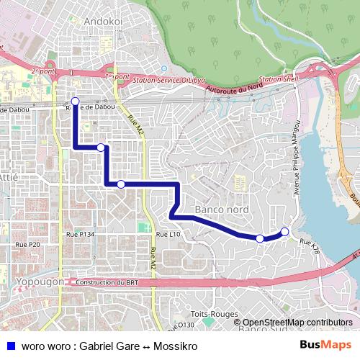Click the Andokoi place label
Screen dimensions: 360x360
(104, 22)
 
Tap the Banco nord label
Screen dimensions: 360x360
(222, 210)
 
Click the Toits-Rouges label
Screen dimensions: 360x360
(213, 314)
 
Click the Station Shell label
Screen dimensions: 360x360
(277, 78)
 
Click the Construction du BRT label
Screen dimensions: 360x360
(107, 282)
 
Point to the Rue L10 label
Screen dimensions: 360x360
(168, 235)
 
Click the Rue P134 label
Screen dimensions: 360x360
(80, 235)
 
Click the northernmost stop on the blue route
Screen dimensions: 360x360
(75, 101)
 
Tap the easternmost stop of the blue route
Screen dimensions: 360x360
(284, 231)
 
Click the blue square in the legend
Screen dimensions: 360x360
(8, 346)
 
